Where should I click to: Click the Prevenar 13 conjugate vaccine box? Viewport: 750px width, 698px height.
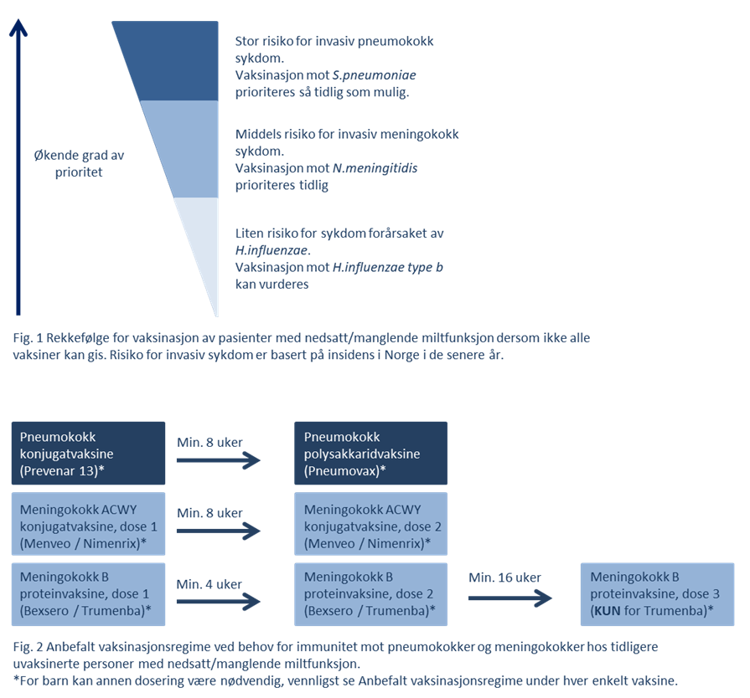(x=88, y=453)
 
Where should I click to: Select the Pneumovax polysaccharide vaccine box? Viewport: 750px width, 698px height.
(x=370, y=453)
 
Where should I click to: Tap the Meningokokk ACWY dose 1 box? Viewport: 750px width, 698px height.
(x=88, y=524)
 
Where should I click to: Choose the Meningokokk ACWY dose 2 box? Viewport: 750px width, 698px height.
(x=370, y=524)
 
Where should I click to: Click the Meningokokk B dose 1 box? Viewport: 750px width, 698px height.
(x=88, y=594)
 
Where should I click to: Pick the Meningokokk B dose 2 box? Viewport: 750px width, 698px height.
(x=370, y=594)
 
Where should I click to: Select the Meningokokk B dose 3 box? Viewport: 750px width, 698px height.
(x=656, y=594)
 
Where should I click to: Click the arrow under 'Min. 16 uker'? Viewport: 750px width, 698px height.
(x=509, y=598)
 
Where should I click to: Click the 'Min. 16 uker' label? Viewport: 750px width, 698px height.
(x=504, y=577)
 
